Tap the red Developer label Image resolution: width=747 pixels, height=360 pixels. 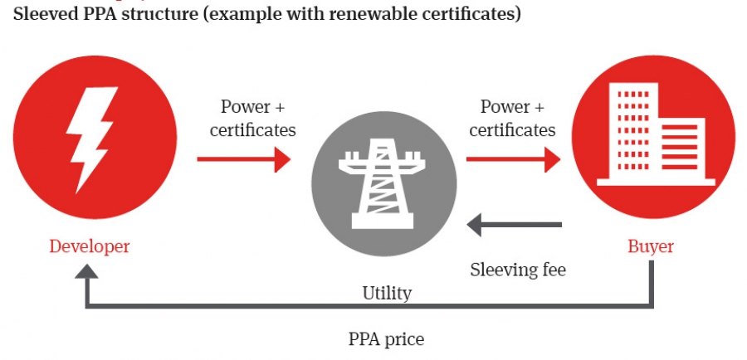90,247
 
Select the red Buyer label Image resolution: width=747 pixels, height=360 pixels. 650,247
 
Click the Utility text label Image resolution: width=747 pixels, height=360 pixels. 387,293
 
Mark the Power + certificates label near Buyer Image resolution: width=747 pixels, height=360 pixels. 512,119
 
